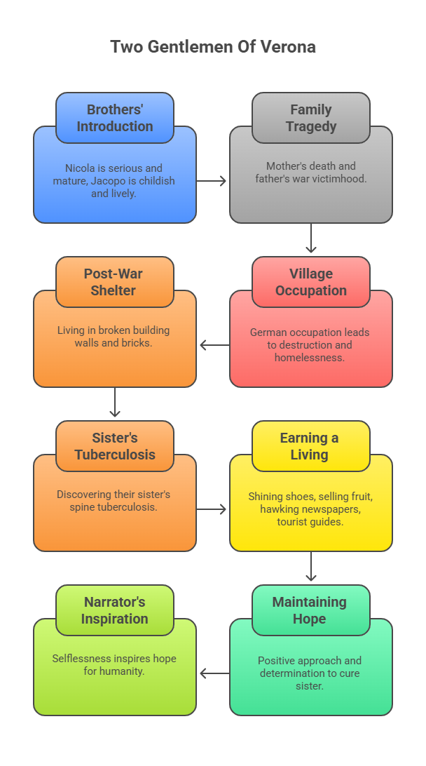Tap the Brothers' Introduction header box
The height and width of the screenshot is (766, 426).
(115, 118)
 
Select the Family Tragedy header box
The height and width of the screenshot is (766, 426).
(311, 118)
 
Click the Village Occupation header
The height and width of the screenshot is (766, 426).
(311, 282)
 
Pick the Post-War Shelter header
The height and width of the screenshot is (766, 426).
(115, 282)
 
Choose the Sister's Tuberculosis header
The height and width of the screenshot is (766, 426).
(115, 446)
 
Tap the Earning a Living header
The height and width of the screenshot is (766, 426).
(311, 446)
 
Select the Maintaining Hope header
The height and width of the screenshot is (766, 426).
(311, 610)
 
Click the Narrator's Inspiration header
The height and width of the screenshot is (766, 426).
(115, 610)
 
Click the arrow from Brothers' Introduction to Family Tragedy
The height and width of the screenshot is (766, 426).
(212, 181)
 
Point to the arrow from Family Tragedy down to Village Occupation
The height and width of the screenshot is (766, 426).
(311, 238)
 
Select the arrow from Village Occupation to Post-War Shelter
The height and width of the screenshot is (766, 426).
(214, 345)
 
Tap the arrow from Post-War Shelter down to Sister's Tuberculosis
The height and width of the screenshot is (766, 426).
(115, 403)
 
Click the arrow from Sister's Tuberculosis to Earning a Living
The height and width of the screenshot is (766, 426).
(212, 509)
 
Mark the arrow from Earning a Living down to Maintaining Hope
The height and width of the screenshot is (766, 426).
(311, 567)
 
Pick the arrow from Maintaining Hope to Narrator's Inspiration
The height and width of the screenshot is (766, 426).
(214, 673)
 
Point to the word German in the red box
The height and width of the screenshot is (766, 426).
(267, 332)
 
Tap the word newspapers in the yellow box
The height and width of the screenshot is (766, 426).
(338, 509)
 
